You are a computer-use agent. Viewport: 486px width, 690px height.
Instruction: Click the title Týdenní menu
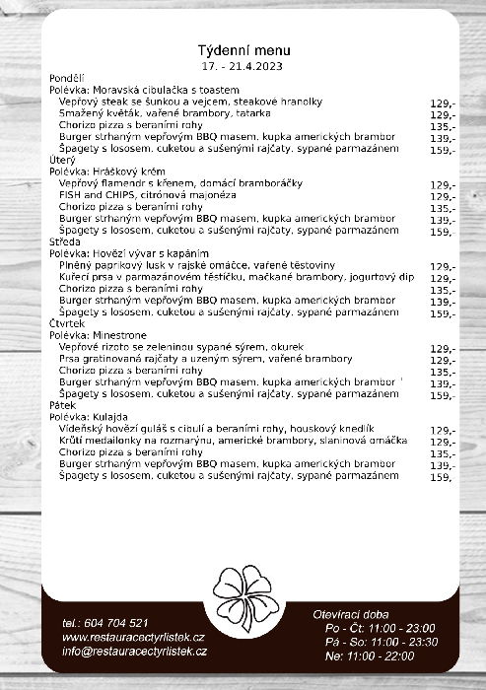click(243, 50)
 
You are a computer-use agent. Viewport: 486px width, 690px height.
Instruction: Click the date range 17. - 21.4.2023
click(243, 65)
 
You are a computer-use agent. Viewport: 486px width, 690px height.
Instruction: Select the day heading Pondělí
click(67, 78)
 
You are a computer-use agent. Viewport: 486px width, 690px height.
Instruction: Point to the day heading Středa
click(65, 241)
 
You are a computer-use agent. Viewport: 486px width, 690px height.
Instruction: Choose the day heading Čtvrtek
click(67, 323)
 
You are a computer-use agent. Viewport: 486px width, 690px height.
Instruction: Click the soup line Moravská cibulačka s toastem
click(148, 90)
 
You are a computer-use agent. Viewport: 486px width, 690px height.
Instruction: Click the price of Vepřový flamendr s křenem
click(443, 184)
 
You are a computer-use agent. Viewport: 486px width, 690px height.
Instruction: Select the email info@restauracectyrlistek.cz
click(134, 652)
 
